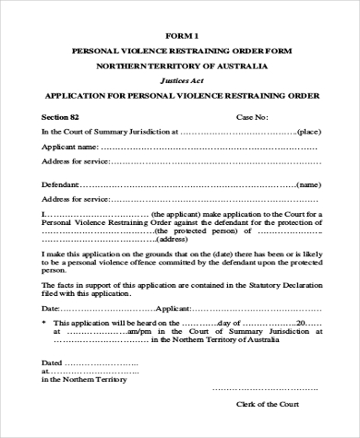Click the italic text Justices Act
click(182, 81)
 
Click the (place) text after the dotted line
click(308, 132)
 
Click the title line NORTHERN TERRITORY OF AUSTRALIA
click(182, 67)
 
